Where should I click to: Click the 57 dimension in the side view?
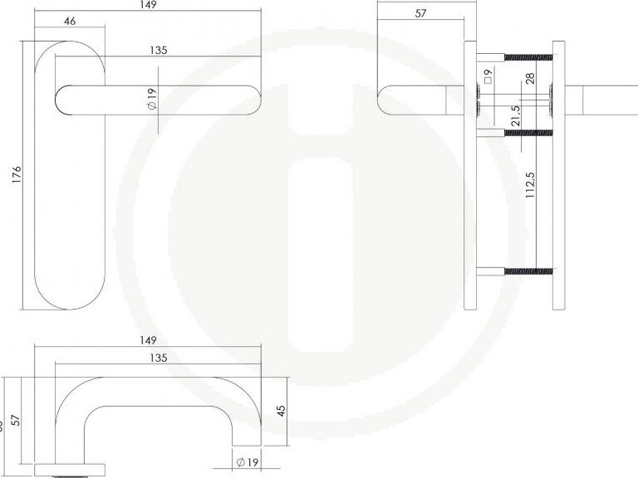pos(420,14)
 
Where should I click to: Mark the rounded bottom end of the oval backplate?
pos(71,305)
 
